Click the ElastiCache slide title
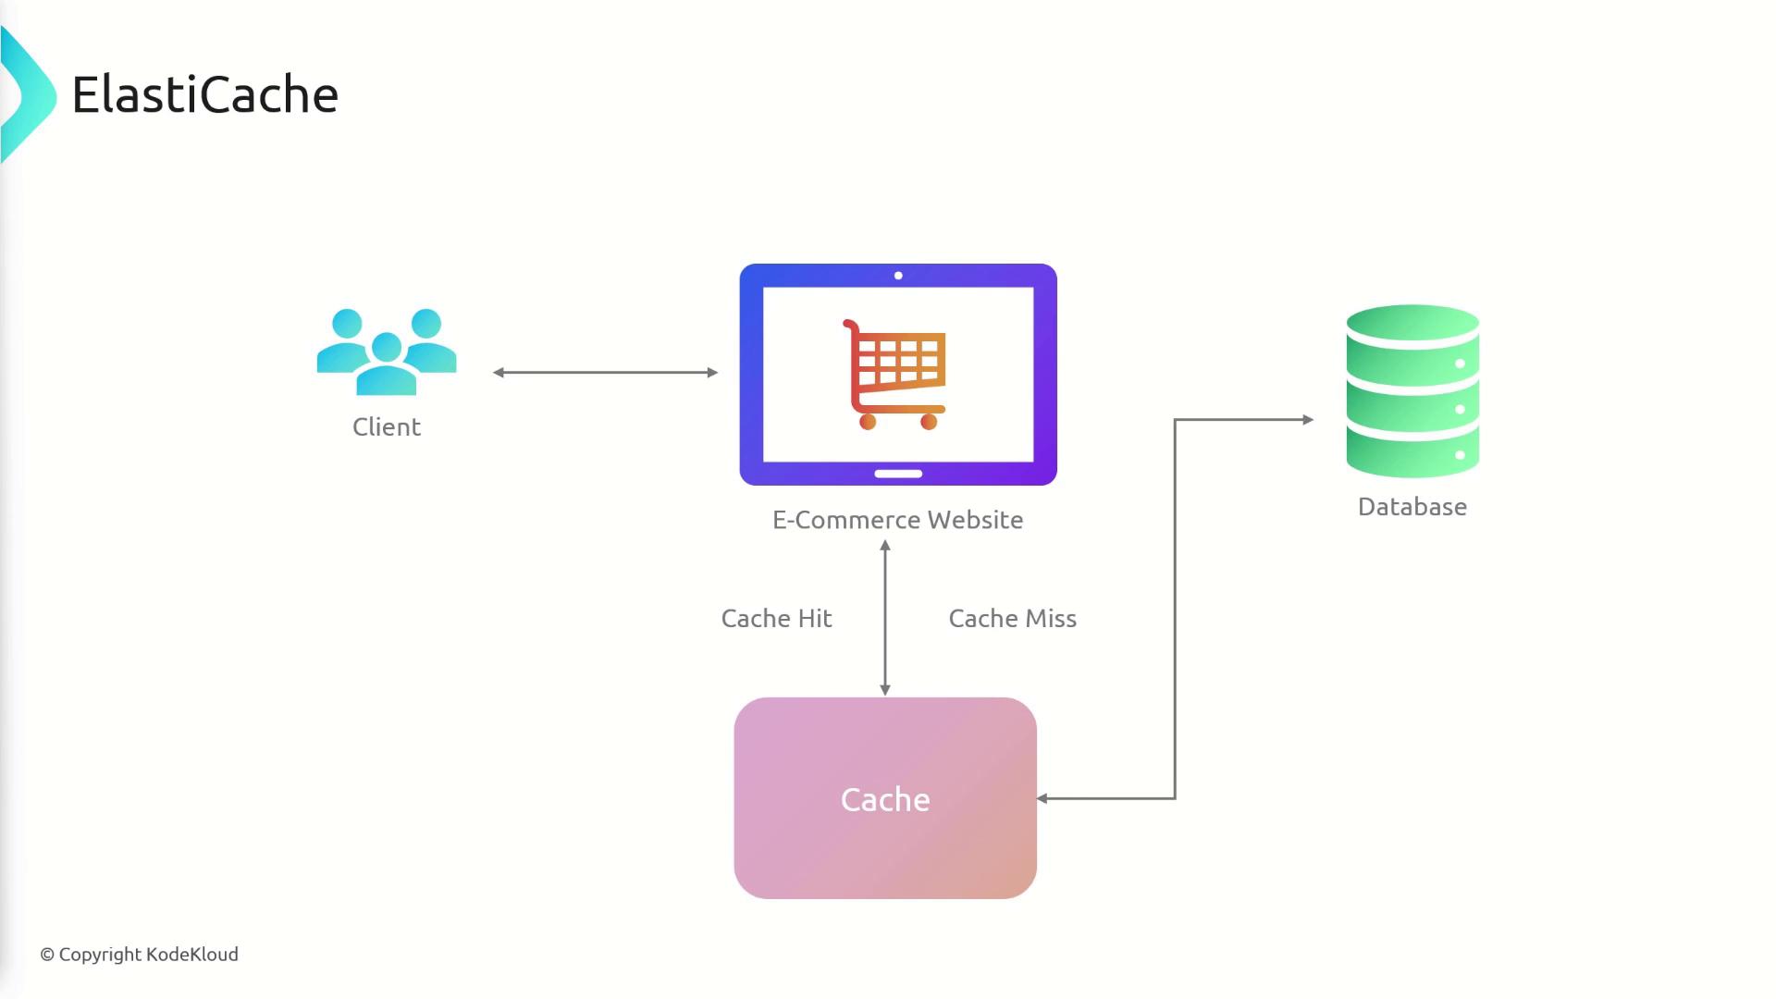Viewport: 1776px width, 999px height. [205, 94]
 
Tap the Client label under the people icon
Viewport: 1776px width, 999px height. [387, 426]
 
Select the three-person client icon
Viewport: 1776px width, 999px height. [387, 351]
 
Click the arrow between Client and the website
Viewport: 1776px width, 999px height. [606, 373]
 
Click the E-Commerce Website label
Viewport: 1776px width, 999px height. [897, 520]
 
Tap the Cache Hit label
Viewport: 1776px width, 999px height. [776, 619]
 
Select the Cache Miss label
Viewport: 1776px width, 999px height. [1012, 619]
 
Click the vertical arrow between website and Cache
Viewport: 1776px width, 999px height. [885, 618]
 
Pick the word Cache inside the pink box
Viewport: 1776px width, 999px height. [885, 800]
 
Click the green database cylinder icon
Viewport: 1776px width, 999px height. [1412, 391]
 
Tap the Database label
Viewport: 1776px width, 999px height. [1412, 507]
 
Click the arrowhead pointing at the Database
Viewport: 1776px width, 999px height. [1307, 420]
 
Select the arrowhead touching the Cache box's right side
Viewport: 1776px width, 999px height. [1042, 798]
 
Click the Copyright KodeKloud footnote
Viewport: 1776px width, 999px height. [139, 955]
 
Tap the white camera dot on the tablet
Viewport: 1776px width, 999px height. [898, 276]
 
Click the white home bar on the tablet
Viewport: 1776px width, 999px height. [898, 474]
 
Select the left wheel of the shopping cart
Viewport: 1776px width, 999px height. [868, 423]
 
